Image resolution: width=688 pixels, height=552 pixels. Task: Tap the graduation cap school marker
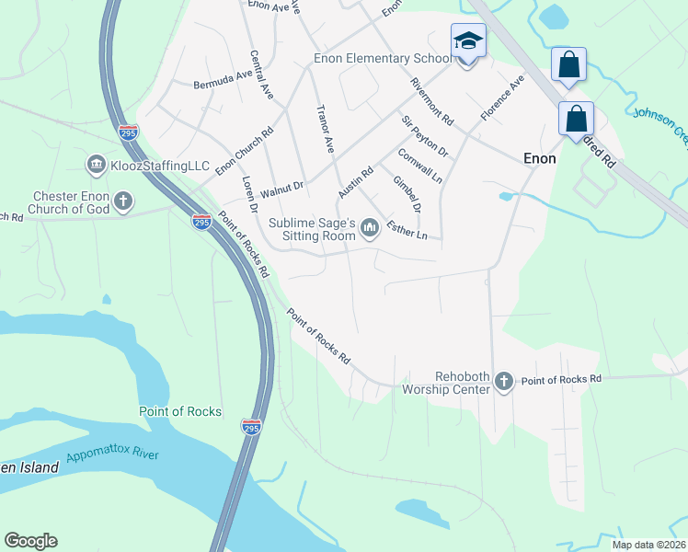coord(467,42)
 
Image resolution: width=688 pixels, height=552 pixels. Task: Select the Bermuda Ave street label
coord(222,79)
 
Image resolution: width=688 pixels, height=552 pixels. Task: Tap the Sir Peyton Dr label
coord(423,136)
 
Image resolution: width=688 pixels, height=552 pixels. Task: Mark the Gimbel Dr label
coord(406,194)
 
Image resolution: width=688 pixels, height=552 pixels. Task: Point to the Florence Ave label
coord(501,98)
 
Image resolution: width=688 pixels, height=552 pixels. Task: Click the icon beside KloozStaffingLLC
coord(96,165)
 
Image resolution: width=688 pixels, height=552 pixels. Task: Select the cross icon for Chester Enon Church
coord(123,201)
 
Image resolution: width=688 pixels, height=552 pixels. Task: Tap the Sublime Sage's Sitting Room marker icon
coord(370,226)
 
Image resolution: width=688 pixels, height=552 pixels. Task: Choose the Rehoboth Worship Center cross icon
coord(503,380)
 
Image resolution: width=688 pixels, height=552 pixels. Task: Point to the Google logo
coord(30,541)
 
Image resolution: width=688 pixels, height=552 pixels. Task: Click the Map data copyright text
coord(648,545)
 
